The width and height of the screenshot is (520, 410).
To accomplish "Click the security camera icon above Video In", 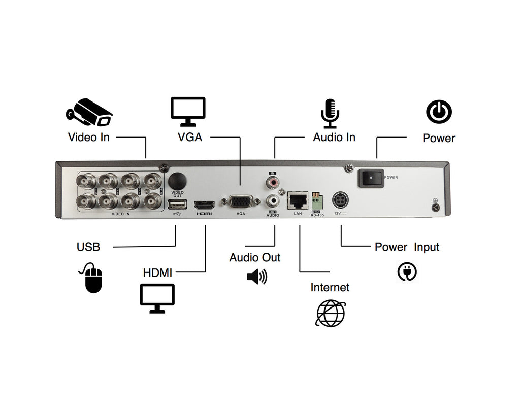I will pos(89,112).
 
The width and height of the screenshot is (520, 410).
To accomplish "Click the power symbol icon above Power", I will pos(439,112).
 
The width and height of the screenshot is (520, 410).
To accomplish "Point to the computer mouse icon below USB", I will pos(93,278).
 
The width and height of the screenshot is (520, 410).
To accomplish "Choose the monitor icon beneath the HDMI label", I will pos(157,298).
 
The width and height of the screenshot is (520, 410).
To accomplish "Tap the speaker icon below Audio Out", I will pos(256,277).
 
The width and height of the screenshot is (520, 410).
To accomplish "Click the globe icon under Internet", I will pos(330,313).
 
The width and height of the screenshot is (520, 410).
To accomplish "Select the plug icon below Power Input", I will pos(407,271).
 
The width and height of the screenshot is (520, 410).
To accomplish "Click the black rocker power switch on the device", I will pos(371,178).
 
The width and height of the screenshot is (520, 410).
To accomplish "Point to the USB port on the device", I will pos(176,204).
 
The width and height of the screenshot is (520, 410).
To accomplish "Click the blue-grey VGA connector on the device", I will pos(241,202).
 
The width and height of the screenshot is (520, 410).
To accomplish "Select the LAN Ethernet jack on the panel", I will pos(298,201).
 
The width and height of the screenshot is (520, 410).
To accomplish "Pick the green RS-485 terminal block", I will pos(317,201).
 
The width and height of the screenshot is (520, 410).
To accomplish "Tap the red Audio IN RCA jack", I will pos(273,181).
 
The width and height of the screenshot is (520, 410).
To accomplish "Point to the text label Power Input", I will pos(407,247).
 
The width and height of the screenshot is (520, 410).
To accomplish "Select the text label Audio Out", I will pos(255,257).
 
